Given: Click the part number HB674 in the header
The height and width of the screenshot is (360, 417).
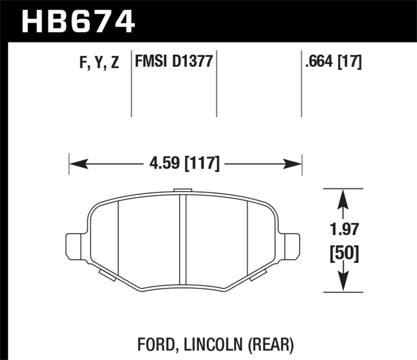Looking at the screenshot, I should coord(78,22).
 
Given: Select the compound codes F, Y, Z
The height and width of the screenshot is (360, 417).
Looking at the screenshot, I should coord(100,63).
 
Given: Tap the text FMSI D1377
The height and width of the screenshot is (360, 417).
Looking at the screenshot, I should coord(173,63).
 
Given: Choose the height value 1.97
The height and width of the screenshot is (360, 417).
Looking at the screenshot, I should coord(342,229).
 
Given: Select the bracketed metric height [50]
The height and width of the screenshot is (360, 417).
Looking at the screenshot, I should coord(342,254).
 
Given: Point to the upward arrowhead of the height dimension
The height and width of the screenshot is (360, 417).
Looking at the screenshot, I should coord(342,196).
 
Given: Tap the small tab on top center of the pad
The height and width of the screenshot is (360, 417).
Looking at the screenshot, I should coord(182,191).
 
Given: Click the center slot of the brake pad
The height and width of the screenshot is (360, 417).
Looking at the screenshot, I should coord(182,234).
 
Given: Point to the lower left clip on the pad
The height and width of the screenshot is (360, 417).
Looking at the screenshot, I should coord(107,275).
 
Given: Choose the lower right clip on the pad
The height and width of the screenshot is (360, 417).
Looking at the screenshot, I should coord(259,275).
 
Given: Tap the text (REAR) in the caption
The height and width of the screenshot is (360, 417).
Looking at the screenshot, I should coord(269,343).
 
